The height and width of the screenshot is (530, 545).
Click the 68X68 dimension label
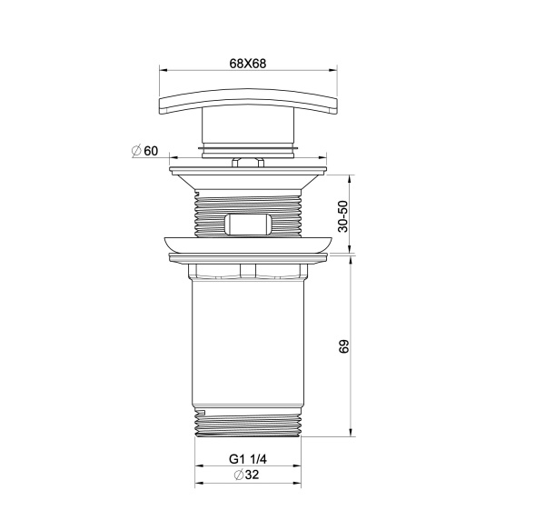(x=247, y=64)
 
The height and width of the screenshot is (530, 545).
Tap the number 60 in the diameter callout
(x=151, y=151)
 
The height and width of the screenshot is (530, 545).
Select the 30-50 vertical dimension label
(x=342, y=215)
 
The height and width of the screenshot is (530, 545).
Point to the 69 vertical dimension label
(x=342, y=346)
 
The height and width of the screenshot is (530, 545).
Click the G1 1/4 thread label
(x=247, y=459)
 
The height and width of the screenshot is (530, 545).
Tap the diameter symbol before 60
(x=135, y=151)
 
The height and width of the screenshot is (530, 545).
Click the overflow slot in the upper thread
(x=247, y=224)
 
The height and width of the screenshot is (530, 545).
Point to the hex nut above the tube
(x=247, y=270)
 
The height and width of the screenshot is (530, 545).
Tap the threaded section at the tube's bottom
(x=247, y=424)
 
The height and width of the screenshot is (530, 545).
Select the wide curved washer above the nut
(x=247, y=244)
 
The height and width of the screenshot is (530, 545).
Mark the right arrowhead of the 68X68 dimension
(x=332, y=71)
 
